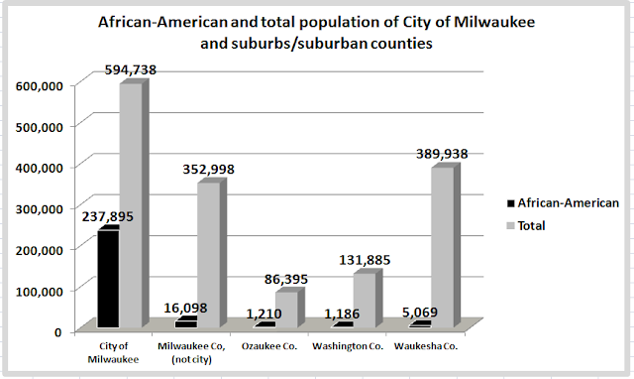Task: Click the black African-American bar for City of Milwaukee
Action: pos(108,279)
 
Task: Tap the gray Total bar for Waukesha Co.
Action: pos(446,247)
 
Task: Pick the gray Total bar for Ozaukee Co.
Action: pos(290,309)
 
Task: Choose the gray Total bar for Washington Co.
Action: pos(368,300)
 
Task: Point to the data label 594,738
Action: pos(130,70)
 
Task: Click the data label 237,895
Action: pos(108,216)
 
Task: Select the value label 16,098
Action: pos(185,309)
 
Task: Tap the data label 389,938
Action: pos(442,154)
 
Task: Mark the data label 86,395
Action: pos(286,279)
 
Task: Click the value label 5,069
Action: pos(420,313)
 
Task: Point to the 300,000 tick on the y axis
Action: pos(40,209)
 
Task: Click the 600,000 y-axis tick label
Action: pos(40,86)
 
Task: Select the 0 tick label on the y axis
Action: pos(58,332)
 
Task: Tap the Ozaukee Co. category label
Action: pos(269,346)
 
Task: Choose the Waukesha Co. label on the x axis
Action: pos(426,346)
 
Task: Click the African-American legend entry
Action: pos(563,202)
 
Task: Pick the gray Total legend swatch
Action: pos(511,226)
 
